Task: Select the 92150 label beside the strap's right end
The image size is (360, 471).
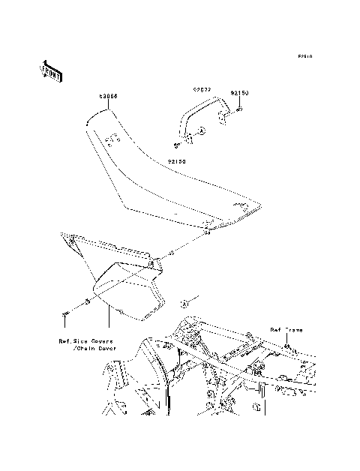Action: point(239,92)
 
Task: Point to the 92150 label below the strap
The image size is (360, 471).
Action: point(177,160)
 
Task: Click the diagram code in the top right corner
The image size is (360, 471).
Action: point(304,56)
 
